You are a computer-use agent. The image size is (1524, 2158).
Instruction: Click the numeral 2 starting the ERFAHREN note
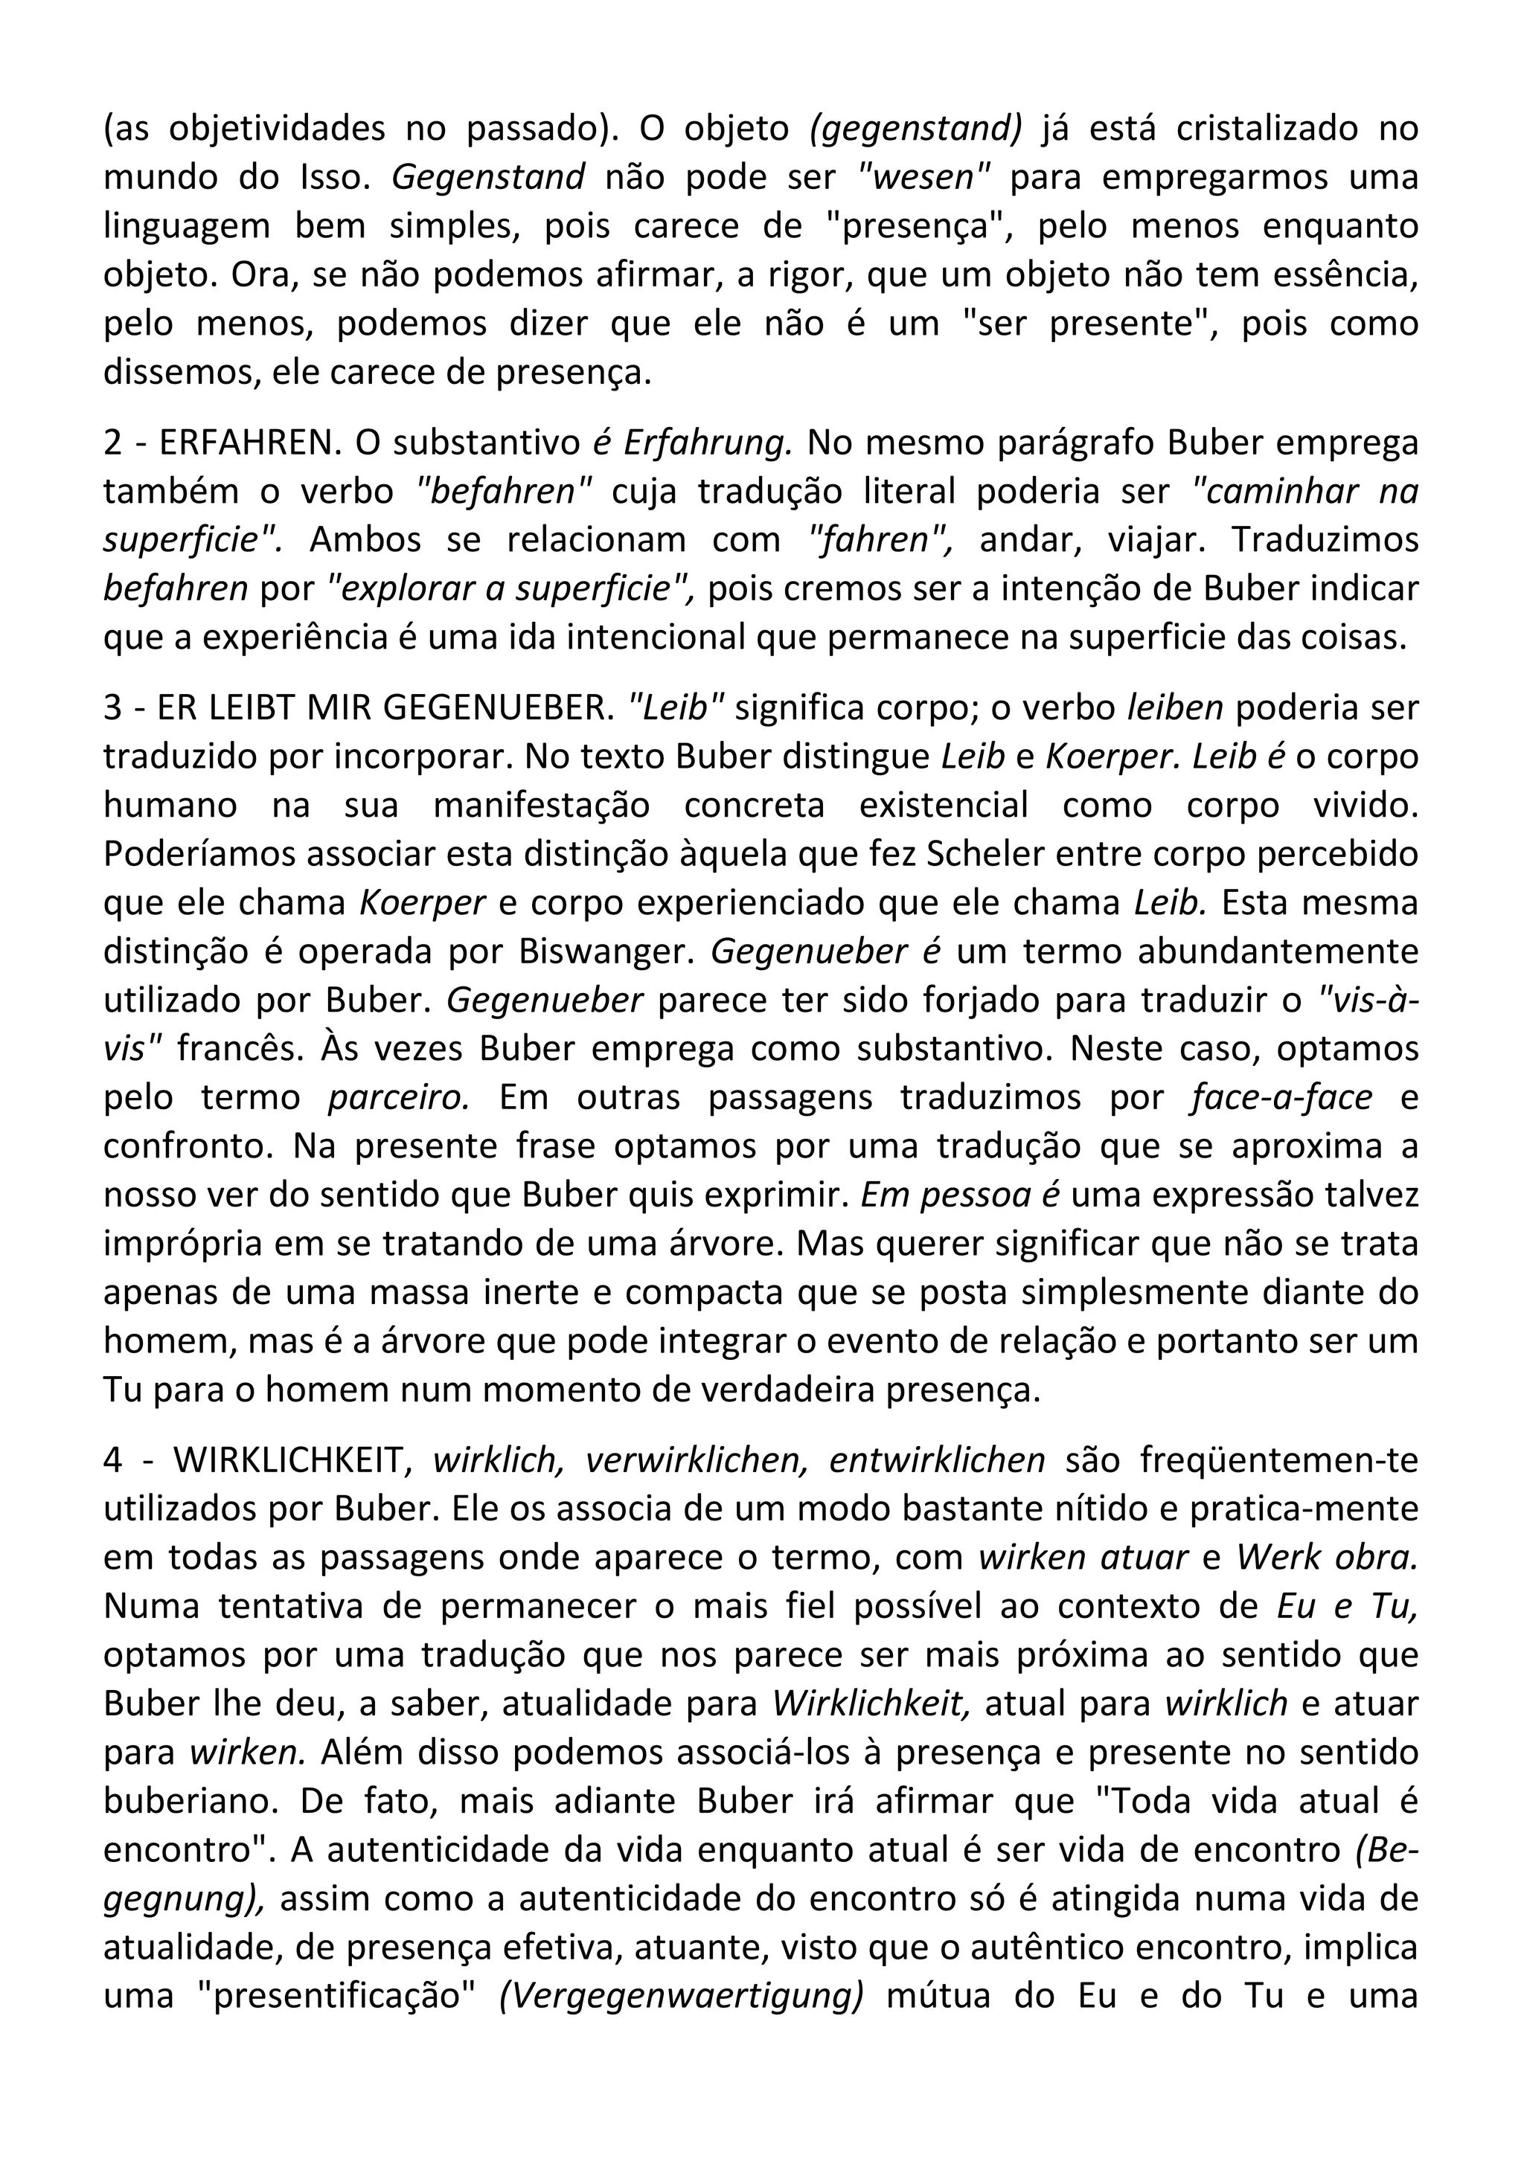113,443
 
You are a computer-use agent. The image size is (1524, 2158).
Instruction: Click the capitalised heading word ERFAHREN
247,443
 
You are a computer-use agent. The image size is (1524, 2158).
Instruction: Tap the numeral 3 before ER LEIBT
113,707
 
